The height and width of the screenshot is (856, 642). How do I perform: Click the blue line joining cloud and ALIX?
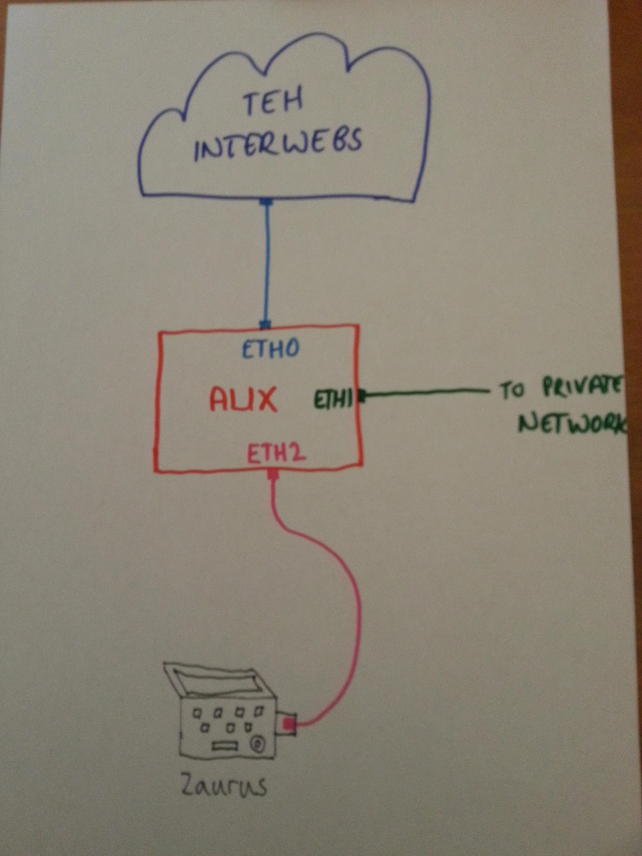(267, 263)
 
